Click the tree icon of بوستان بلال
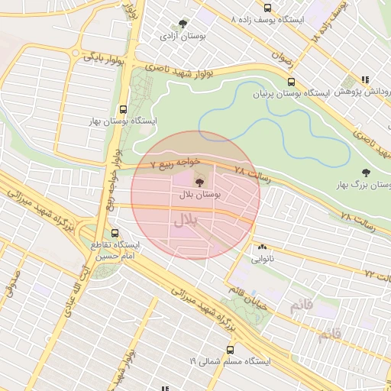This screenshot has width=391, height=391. coord(199,183)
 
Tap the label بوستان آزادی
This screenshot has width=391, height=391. coord(179,36)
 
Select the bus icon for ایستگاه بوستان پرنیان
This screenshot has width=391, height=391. coord(290,82)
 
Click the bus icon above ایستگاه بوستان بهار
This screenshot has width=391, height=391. coord(124,109)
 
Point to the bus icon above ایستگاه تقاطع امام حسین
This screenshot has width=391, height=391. coord(115,233)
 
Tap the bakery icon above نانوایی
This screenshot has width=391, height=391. coord(263,247)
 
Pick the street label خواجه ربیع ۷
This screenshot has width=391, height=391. coord(176,163)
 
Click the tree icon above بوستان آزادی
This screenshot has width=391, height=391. coord(182,24)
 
